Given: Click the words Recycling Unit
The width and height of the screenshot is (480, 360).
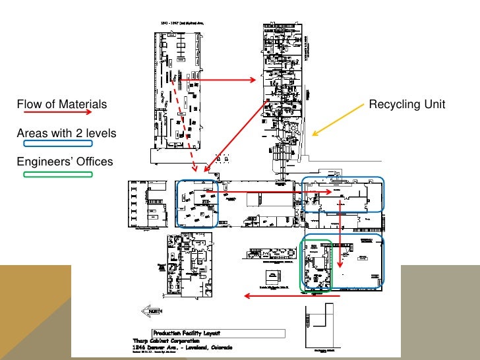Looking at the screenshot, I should (x=407, y=104).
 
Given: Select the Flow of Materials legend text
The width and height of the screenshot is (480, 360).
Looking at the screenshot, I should (x=61, y=104).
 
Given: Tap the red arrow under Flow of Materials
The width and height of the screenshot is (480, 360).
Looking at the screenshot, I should (x=57, y=113).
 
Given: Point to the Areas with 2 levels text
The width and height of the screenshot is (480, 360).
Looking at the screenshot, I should (x=66, y=134).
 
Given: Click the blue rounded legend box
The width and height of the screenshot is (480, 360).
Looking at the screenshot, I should (x=58, y=143).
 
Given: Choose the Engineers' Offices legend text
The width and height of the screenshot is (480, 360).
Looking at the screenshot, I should (x=65, y=162).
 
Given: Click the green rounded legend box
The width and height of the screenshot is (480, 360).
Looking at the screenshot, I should (x=58, y=175).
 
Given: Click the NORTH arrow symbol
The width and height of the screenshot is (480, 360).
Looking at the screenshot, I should (x=151, y=312).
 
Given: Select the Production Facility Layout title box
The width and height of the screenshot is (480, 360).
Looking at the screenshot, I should (x=218, y=333).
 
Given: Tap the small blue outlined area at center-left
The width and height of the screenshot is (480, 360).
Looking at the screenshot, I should (x=197, y=204).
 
